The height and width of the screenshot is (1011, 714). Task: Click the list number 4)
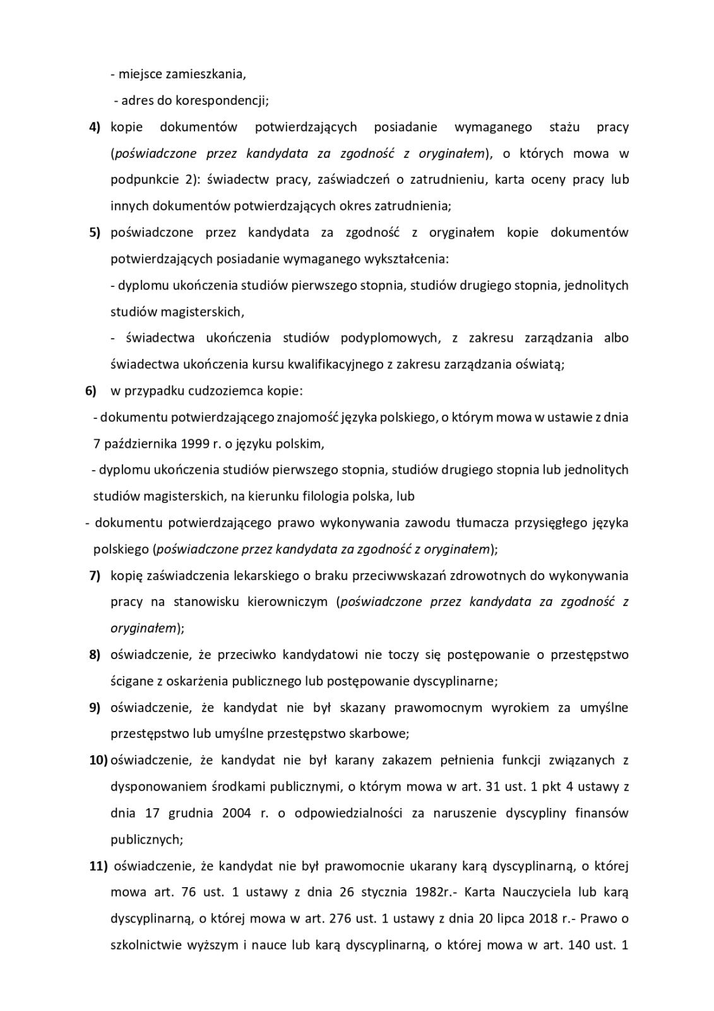click(x=94, y=127)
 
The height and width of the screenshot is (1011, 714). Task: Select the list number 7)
click(x=94, y=576)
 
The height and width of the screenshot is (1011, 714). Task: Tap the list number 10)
click(x=98, y=760)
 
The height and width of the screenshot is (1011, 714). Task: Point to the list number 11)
click(x=98, y=866)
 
